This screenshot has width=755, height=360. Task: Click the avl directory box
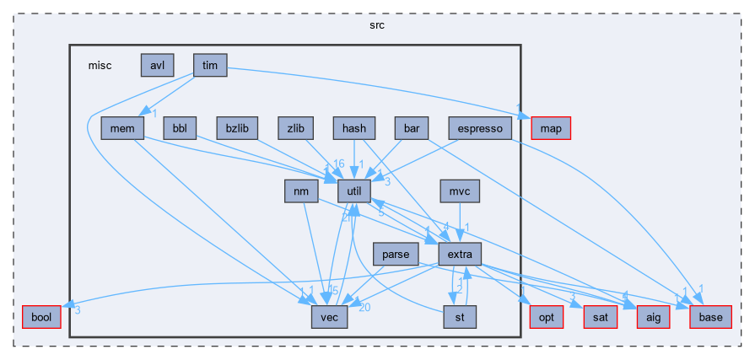(x=157, y=65)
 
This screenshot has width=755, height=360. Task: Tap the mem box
(x=117, y=128)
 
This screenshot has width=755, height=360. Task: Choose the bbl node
(x=180, y=128)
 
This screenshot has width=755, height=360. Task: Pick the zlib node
(x=295, y=128)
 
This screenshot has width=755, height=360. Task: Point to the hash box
(x=354, y=128)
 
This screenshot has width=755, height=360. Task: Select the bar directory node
(x=412, y=128)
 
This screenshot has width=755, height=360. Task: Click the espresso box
(x=481, y=128)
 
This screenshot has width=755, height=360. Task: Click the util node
(x=354, y=191)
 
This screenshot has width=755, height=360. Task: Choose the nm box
(x=300, y=191)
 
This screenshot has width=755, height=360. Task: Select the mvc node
(x=460, y=191)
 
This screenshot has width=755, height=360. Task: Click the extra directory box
(x=460, y=254)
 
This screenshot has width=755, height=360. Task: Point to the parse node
(x=396, y=254)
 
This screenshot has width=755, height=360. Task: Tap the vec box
(x=328, y=317)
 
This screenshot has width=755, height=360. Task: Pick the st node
(x=460, y=317)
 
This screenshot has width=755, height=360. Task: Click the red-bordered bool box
(x=40, y=317)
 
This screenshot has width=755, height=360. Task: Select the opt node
(x=546, y=317)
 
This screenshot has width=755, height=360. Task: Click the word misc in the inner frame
(x=100, y=65)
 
